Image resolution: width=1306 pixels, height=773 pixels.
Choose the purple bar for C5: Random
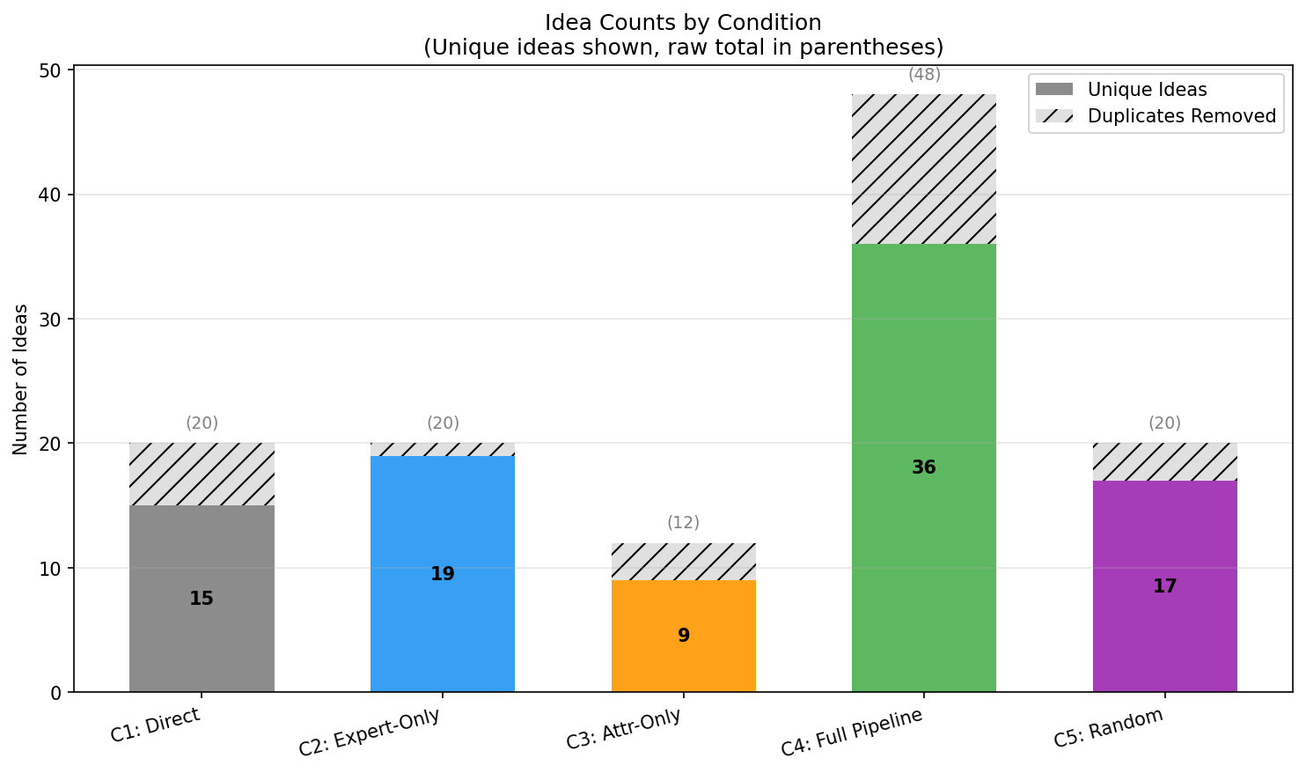point(1164,634)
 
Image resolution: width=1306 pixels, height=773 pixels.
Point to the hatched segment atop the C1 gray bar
point(202,474)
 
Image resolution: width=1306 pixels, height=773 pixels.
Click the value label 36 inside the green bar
point(924,467)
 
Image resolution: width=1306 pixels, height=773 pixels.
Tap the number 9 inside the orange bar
point(683,636)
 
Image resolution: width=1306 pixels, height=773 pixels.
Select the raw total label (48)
point(924,75)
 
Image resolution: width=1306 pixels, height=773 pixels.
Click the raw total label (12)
point(683,523)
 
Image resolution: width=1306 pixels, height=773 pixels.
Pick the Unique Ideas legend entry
point(1147,90)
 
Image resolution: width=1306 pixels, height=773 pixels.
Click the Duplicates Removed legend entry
point(1181,116)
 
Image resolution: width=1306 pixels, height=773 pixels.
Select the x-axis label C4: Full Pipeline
point(852,732)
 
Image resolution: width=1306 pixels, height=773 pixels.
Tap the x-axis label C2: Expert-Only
point(370,732)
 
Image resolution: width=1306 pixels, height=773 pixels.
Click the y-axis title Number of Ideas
point(21,379)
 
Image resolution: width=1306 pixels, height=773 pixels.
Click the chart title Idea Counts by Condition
point(683,23)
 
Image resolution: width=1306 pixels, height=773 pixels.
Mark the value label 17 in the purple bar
point(1164,586)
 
